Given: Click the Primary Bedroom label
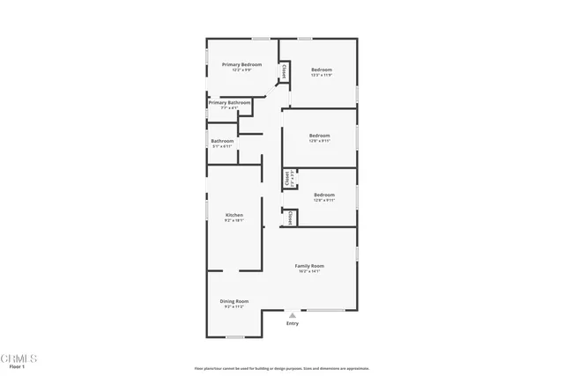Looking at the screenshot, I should [242, 64].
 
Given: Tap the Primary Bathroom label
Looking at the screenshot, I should [229, 103].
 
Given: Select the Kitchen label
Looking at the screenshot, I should [234, 215].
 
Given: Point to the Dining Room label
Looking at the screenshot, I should [234, 301].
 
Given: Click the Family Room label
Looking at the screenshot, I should [309, 265].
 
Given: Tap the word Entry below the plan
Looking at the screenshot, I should [293, 323].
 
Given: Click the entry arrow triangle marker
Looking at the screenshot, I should [293, 314].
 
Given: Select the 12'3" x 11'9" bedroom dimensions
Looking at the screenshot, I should [321, 75].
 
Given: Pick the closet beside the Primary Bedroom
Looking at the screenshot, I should [285, 70].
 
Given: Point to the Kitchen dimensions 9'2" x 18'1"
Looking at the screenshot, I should [234, 220].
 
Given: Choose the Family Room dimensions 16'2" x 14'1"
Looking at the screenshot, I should [309, 271].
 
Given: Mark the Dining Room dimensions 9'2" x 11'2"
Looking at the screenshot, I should [234, 307].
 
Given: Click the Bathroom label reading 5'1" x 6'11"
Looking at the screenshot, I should [222, 146].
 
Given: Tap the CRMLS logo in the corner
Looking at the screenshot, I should [19, 358].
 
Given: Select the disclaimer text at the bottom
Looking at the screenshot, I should [281, 368].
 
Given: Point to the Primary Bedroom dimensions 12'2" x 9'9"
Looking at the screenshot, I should [242, 70].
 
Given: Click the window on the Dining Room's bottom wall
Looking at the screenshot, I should [234, 336].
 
